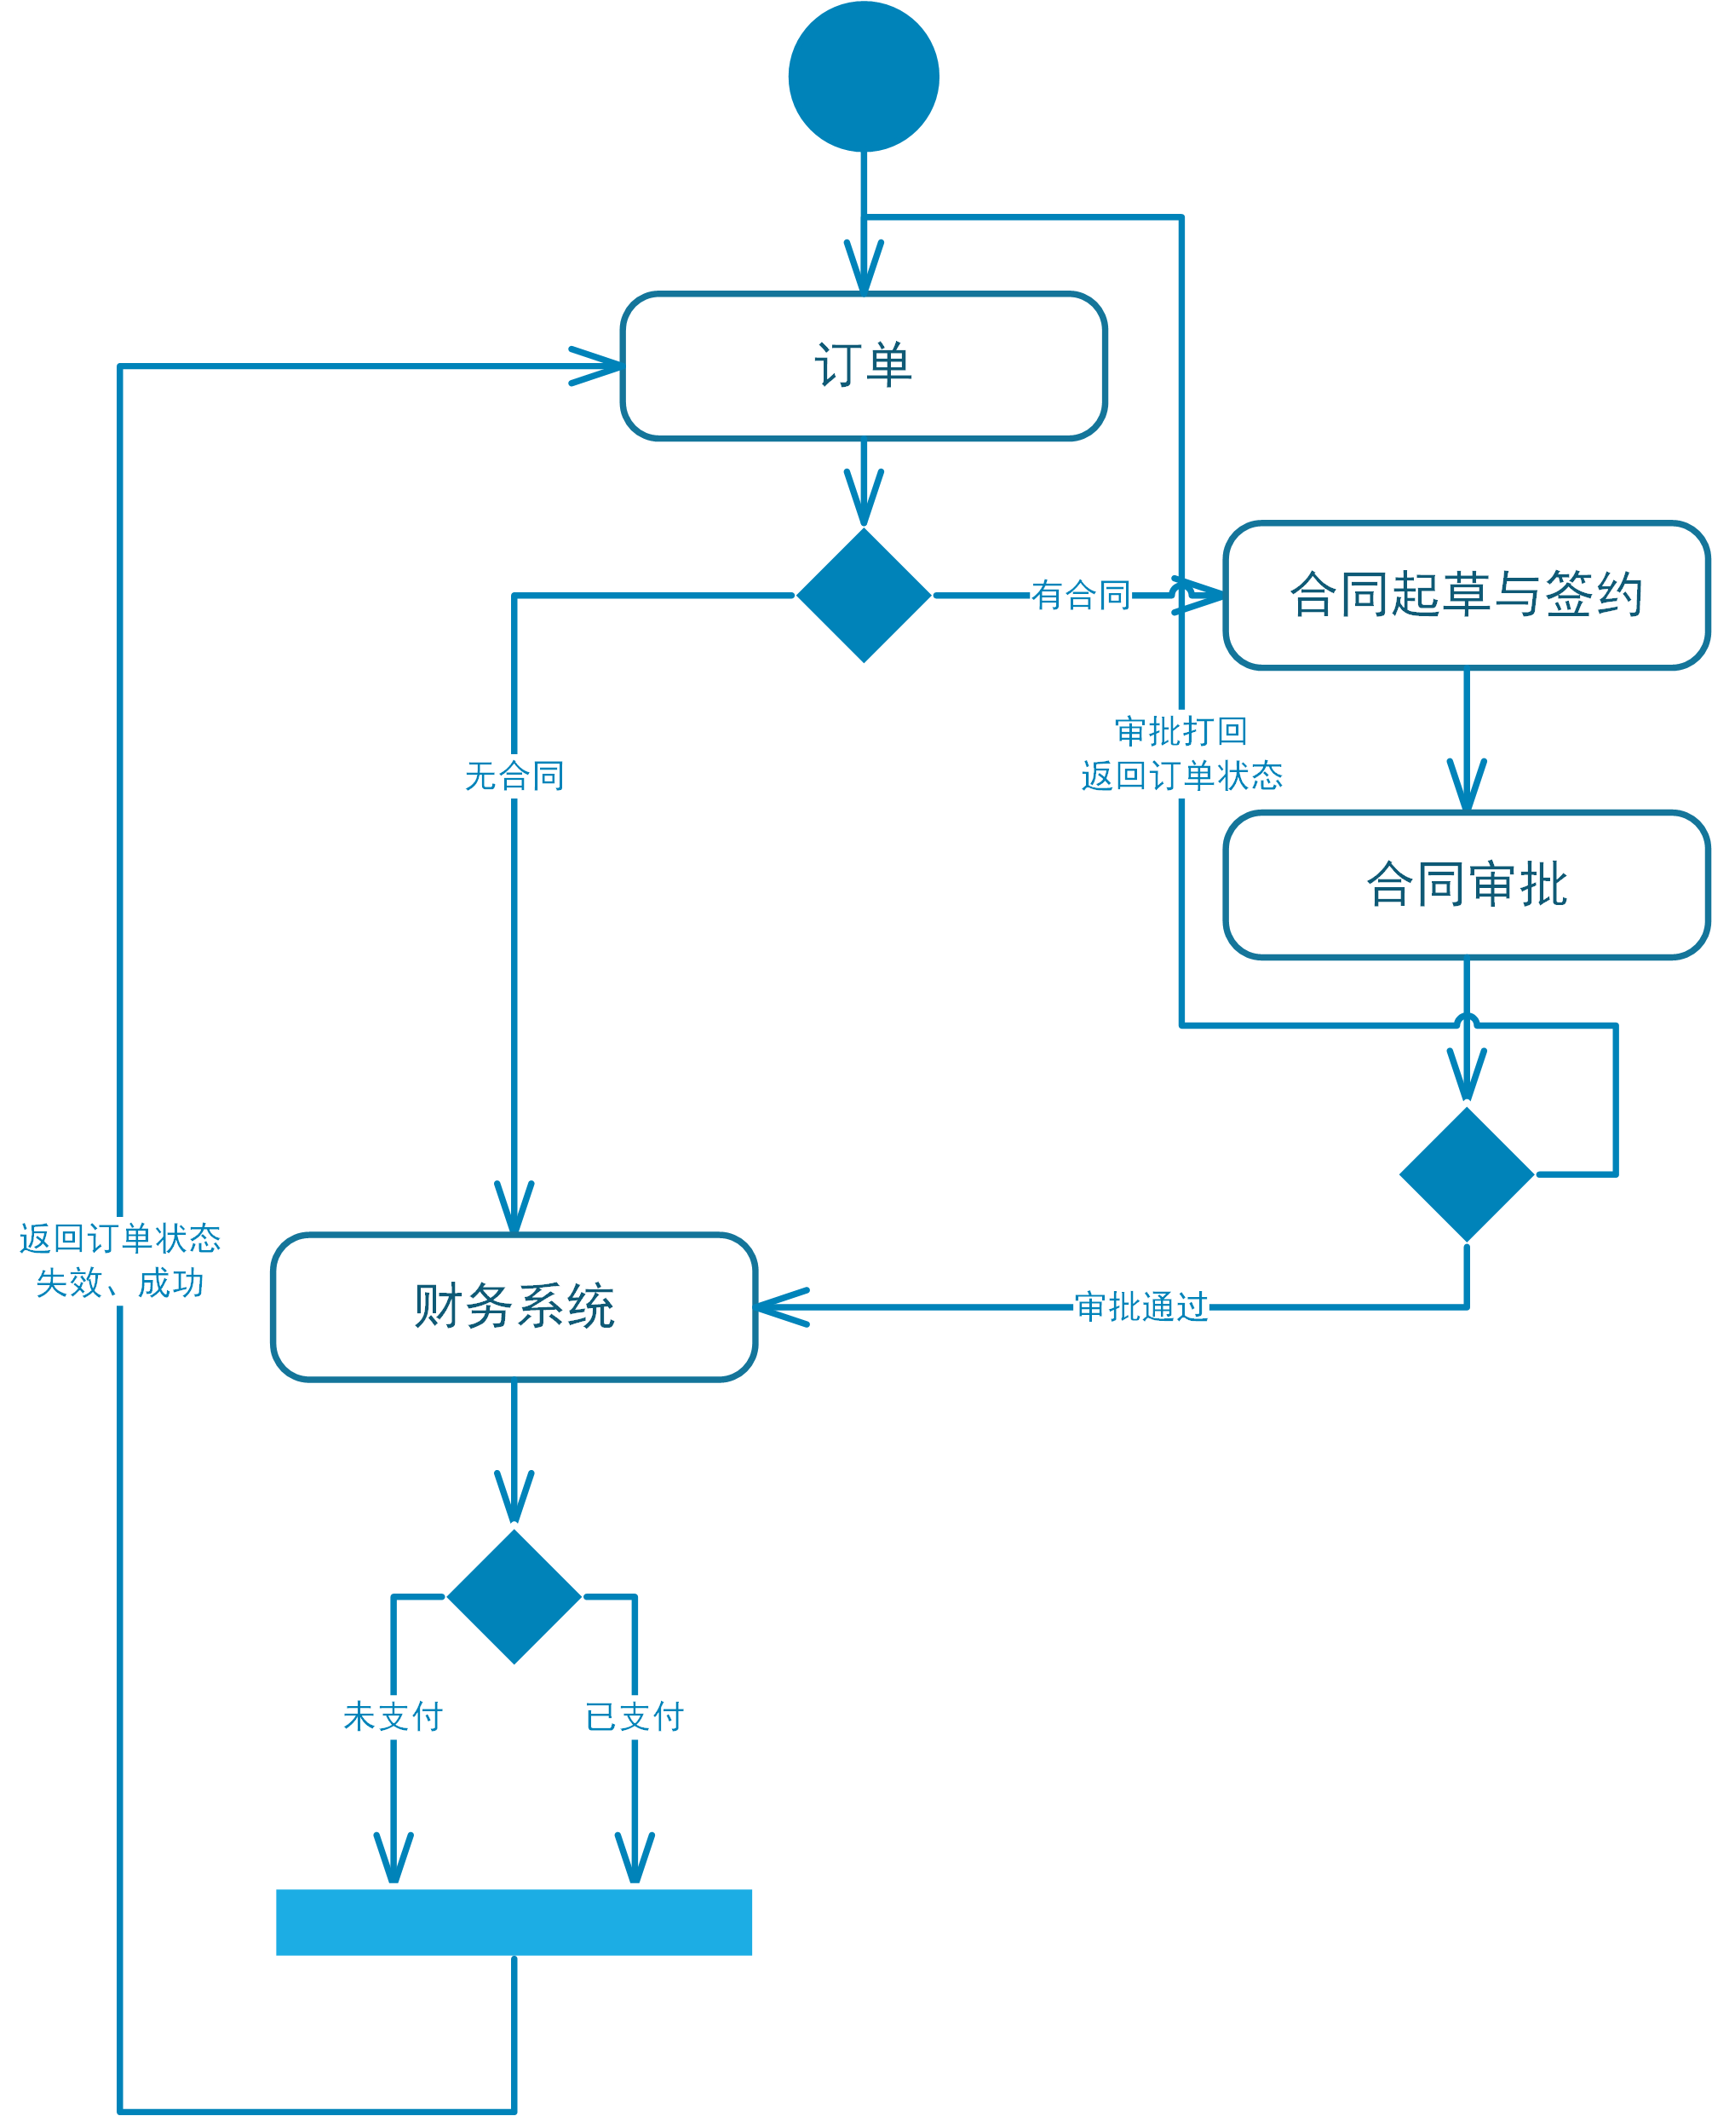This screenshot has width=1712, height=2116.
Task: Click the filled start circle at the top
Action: click(x=863, y=77)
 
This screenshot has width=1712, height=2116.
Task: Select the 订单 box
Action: click(x=863, y=366)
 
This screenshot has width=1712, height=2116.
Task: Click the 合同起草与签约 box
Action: click(x=1466, y=596)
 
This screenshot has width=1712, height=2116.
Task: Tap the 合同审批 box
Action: click(x=1466, y=885)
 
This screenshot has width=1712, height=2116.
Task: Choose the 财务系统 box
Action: click(x=514, y=1307)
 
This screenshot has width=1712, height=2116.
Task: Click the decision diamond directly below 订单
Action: click(x=863, y=596)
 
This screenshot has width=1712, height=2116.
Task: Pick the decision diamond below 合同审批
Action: click(x=1466, y=1174)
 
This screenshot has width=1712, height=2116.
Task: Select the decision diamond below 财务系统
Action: click(x=514, y=1596)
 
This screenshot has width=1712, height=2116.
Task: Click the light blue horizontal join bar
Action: click(x=514, y=1922)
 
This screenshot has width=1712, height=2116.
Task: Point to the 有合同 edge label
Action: click(x=1081, y=596)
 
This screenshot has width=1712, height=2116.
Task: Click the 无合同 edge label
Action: click(x=514, y=776)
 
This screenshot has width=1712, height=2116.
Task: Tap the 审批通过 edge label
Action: click(x=1141, y=1307)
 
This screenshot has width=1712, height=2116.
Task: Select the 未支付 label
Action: click(x=394, y=1716)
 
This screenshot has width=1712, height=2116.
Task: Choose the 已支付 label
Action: click(x=634, y=1716)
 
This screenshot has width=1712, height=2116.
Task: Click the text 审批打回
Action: click(x=1181, y=732)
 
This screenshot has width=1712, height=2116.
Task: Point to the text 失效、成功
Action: click(x=119, y=1283)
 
